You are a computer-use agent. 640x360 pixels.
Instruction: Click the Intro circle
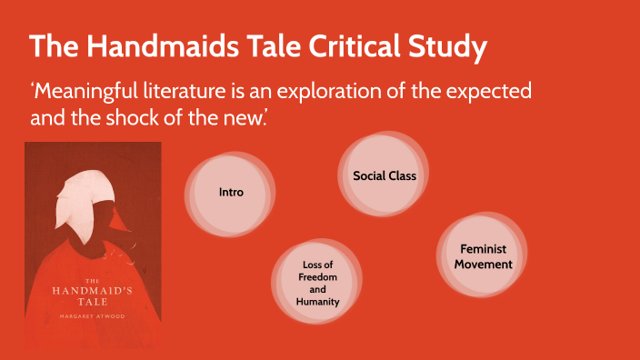click(x=230, y=193)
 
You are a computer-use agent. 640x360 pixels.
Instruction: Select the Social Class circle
click(x=384, y=175)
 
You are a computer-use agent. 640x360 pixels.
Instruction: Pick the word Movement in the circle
click(x=484, y=265)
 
